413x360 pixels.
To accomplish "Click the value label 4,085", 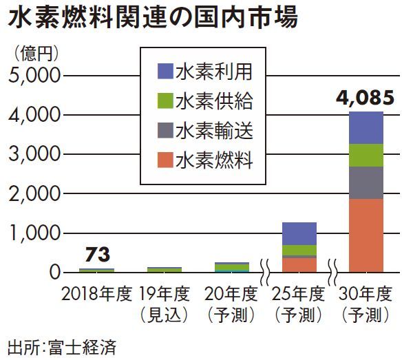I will [366, 98].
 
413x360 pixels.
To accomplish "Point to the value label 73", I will [96, 255].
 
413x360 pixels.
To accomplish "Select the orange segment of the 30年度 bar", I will [366, 235].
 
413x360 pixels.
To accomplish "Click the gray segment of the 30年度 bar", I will [366, 182].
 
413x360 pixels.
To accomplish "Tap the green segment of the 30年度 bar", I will [366, 156].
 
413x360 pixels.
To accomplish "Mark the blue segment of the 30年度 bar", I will [366, 127].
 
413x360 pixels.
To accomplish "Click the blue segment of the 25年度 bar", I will [299, 233].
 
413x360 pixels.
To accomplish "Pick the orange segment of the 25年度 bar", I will [299, 265].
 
